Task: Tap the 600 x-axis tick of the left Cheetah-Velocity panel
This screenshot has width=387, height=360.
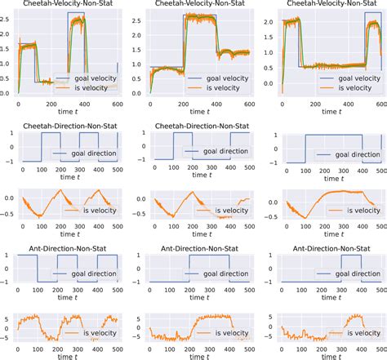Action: pos(118,104)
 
